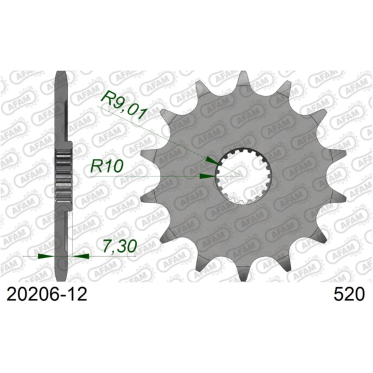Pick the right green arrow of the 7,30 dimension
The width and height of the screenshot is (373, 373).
(81, 256)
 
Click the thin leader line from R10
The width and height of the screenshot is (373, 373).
(143, 176)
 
